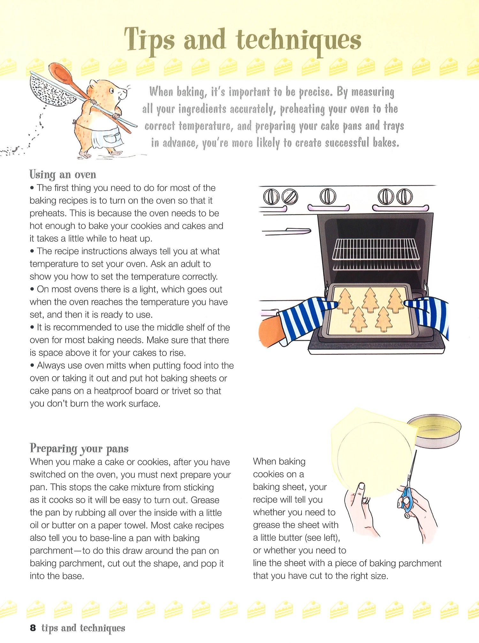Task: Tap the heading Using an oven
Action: tap(63, 175)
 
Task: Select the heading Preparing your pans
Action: tap(79, 448)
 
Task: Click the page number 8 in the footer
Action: tap(33, 628)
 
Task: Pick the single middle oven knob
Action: tap(328, 196)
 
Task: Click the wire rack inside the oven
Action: tap(376, 249)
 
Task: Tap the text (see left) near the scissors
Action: tap(322, 538)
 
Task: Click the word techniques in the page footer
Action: tap(103, 628)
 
